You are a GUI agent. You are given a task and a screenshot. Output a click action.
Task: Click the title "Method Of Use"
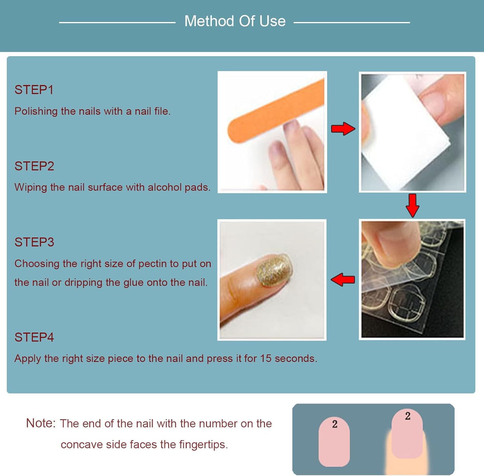[x=235, y=21]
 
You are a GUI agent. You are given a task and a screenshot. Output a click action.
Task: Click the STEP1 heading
[x=34, y=90]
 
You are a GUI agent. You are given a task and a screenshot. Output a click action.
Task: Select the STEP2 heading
[x=34, y=166]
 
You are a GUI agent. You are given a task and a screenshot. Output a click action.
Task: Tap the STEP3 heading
[x=34, y=242]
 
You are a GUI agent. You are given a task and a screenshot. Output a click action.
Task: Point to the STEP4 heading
[x=34, y=337]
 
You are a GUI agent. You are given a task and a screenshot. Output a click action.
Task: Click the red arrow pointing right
[x=343, y=129]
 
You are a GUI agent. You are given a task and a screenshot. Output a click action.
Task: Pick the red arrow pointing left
[x=343, y=280]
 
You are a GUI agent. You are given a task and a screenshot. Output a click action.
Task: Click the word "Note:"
[x=41, y=423]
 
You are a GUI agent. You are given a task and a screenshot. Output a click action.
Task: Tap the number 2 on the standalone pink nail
[x=335, y=424]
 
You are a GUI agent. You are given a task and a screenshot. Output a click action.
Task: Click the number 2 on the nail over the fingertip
[x=408, y=416]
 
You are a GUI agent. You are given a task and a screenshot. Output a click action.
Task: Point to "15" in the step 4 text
[x=266, y=358]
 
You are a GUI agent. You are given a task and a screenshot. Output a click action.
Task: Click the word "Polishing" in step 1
[x=36, y=111]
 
